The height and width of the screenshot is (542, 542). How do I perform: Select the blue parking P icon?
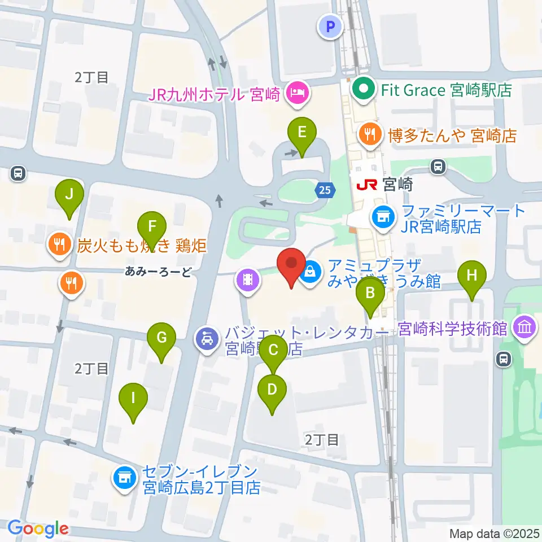tap(331, 26)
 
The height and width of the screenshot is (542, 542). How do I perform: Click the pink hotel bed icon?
tap(298, 93)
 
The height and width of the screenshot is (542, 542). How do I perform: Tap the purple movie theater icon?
tap(248, 279)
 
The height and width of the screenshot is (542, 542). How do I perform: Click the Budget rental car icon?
tap(207, 339)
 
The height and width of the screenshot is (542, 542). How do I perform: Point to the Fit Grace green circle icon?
tap(364, 89)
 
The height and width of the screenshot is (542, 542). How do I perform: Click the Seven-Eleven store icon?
tap(124, 478)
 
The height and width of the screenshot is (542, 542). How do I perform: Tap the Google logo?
tap(38, 528)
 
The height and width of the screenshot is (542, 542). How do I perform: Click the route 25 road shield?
tap(324, 191)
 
